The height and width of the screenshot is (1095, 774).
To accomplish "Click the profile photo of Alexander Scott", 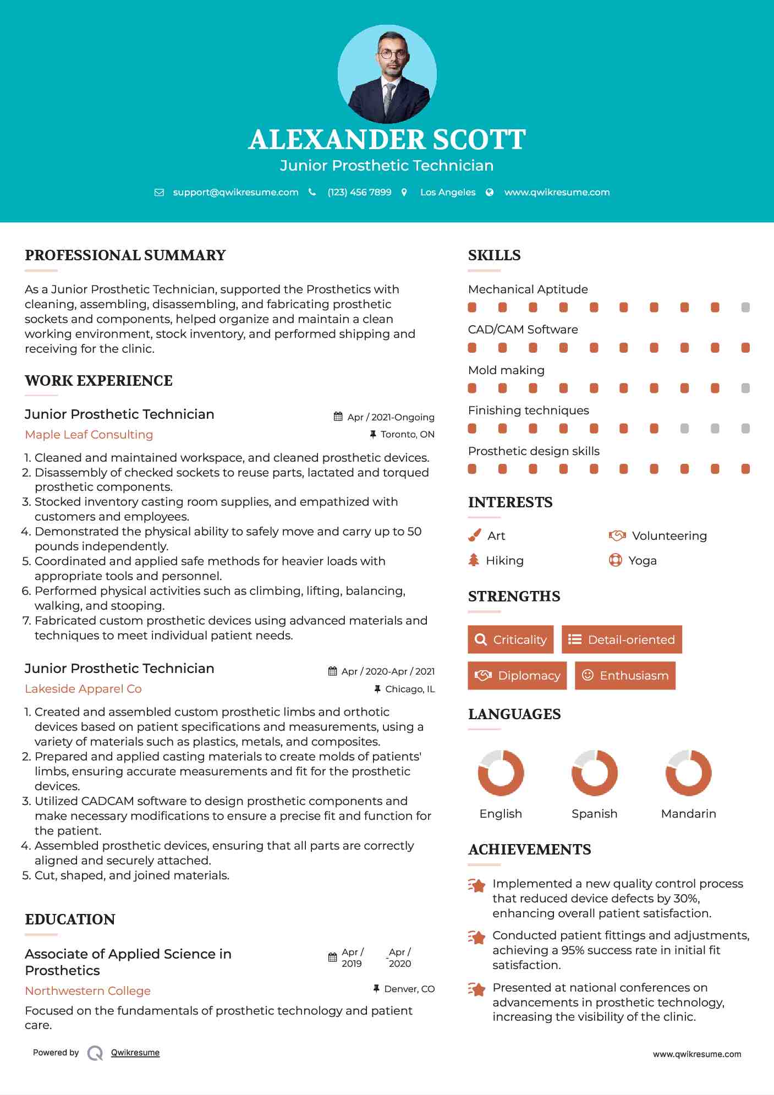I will pos(387,74).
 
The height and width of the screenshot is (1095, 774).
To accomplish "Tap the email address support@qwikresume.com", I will pos(235,192).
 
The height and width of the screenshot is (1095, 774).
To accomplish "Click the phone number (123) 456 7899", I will pos(359,192).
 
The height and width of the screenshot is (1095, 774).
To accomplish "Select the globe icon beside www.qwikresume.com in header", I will pos(490,192).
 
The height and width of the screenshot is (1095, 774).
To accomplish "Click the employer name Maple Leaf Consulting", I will pos(89,434).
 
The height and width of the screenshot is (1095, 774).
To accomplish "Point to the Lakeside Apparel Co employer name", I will pos(83,688).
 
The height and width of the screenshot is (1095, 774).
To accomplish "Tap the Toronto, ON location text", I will pos(407,434).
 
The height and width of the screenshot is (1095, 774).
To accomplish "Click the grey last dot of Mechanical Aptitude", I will pos(745,307).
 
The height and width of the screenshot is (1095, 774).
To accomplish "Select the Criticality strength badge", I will pos(510,639).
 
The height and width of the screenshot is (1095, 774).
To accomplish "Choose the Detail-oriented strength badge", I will pos(622,639).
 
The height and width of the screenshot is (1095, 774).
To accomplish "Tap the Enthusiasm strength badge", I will pos(625,675).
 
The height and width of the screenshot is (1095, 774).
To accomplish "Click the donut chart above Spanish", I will pos(595,773).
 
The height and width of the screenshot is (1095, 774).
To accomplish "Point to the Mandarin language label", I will pos(688,813).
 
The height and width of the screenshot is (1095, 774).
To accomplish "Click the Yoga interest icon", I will pos(615,560).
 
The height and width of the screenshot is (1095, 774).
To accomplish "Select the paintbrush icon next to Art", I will pos(474,535).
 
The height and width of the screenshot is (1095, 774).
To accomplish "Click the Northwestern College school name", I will pos(88,990).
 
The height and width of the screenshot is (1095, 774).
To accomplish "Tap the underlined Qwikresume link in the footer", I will pos(135,1052).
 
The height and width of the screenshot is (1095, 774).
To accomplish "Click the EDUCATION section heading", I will pos(70,919).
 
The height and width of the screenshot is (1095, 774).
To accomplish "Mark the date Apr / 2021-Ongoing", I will pos(391,417).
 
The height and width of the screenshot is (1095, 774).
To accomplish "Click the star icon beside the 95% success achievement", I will pos(476,937).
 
